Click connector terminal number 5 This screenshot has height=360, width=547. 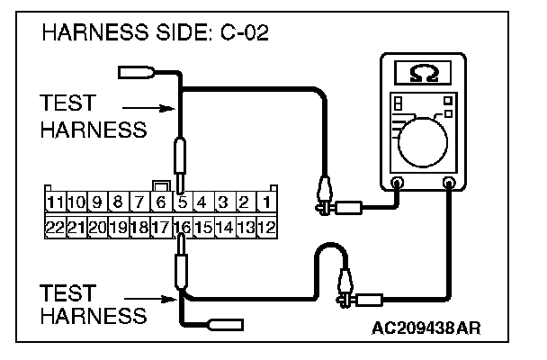182,201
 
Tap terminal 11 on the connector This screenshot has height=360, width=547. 56,201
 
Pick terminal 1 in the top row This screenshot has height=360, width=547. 267,201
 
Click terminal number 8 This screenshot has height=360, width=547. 118,201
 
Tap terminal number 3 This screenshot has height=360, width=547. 224,201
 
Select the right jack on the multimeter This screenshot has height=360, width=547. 448,183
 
